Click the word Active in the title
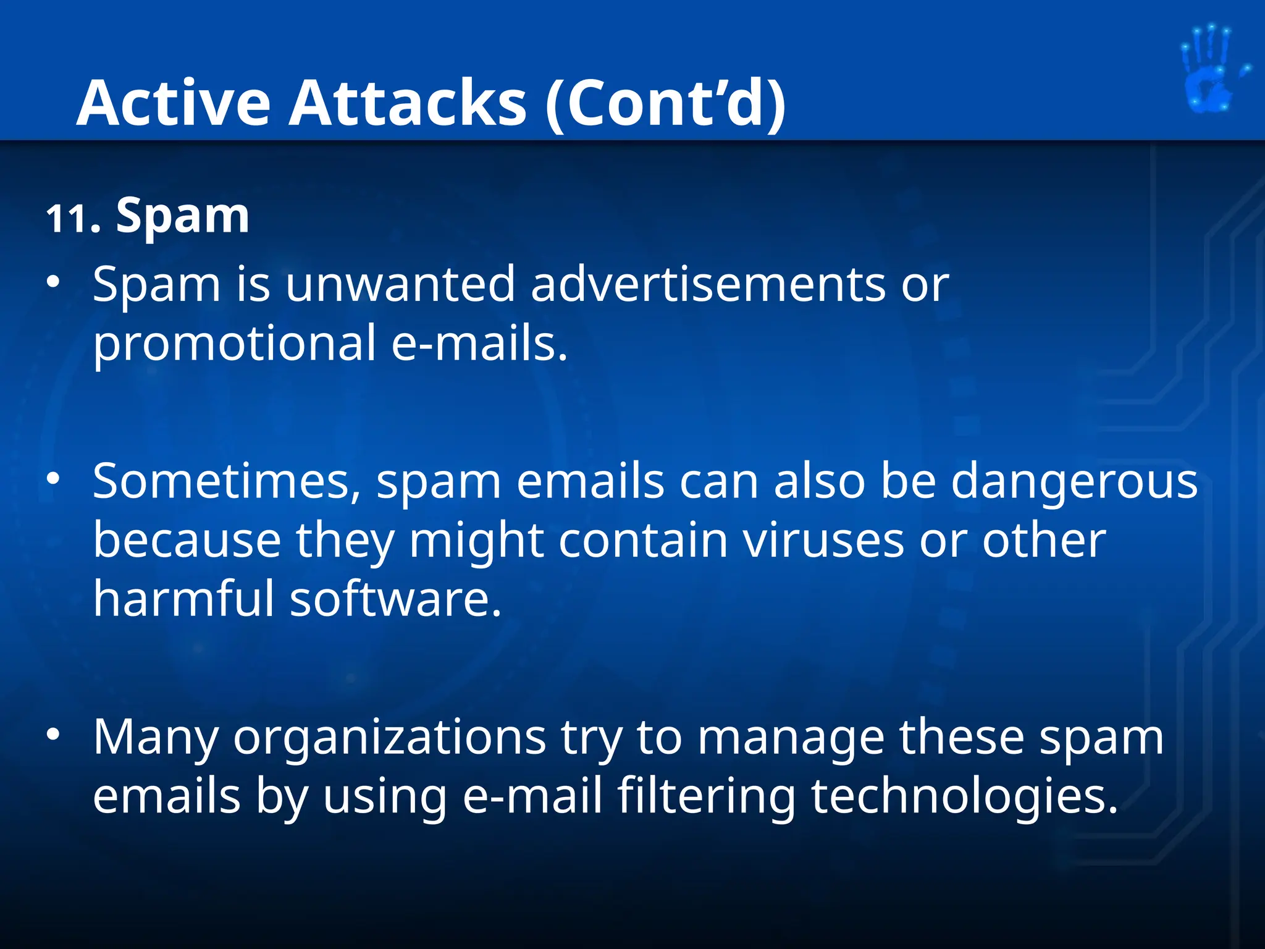point(174,103)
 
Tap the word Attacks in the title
point(408,103)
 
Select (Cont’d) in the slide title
point(666,103)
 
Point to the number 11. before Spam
point(73,219)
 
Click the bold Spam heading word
point(183,216)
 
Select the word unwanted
point(400,285)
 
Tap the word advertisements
point(708,285)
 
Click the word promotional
point(234,344)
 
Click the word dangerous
point(1074,482)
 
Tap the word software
point(395,599)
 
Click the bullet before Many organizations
point(54,735)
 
